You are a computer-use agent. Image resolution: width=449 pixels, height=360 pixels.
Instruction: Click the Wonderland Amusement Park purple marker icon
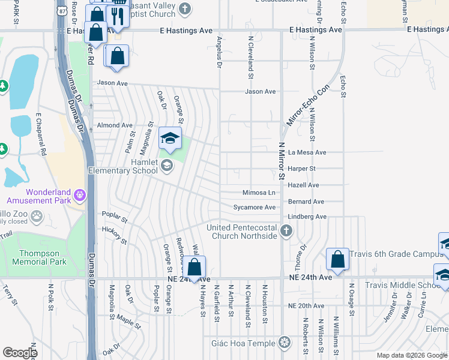point(80,194)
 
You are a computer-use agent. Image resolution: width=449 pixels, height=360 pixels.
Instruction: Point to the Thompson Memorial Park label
point(42,258)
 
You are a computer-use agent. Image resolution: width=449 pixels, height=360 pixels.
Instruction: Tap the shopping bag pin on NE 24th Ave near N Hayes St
point(194,266)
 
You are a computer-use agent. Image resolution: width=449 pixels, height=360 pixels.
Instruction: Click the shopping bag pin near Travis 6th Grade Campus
point(337,259)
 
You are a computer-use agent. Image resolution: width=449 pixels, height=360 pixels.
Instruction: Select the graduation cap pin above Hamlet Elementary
point(170,139)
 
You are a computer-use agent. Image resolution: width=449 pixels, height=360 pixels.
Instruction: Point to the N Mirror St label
point(281,162)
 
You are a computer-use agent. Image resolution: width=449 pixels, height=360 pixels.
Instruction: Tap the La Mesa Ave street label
point(307,153)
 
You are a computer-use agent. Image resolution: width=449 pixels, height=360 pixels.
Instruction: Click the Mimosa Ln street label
point(259,193)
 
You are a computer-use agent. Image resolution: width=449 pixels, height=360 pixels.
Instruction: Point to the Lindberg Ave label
point(307,217)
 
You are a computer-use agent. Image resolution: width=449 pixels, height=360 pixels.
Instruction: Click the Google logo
point(20,353)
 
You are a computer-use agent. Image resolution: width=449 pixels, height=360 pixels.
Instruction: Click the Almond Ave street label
point(115,125)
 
